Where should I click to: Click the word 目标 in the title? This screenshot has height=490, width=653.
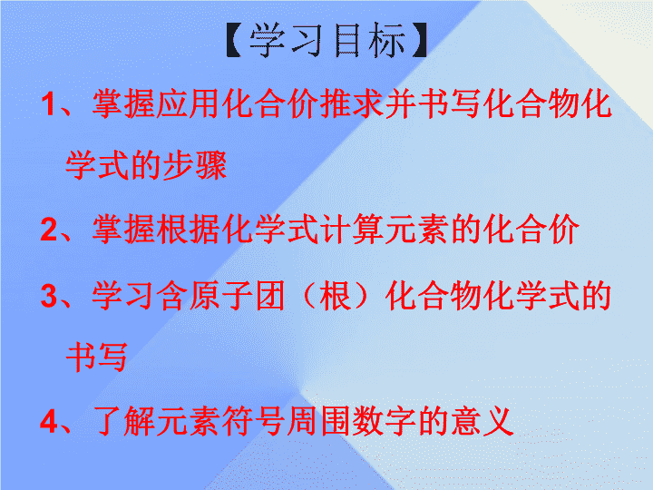(x=369, y=40)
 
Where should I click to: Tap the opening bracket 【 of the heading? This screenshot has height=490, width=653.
(x=234, y=40)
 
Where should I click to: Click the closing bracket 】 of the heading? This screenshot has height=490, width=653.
(x=419, y=40)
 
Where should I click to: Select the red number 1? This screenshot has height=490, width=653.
(x=48, y=104)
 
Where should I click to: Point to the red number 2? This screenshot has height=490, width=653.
(x=48, y=230)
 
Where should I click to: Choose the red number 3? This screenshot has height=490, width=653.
(x=48, y=296)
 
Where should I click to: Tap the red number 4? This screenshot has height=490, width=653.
(x=49, y=421)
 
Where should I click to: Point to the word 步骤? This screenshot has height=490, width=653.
(x=194, y=165)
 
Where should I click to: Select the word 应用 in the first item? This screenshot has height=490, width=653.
(x=189, y=103)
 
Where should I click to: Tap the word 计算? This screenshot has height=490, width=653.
(x=352, y=230)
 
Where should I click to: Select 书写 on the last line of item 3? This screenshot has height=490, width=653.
(x=97, y=358)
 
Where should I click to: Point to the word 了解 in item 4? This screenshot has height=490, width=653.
(x=123, y=421)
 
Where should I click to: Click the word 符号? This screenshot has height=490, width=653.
(x=254, y=421)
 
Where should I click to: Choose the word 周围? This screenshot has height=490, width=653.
(x=319, y=421)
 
